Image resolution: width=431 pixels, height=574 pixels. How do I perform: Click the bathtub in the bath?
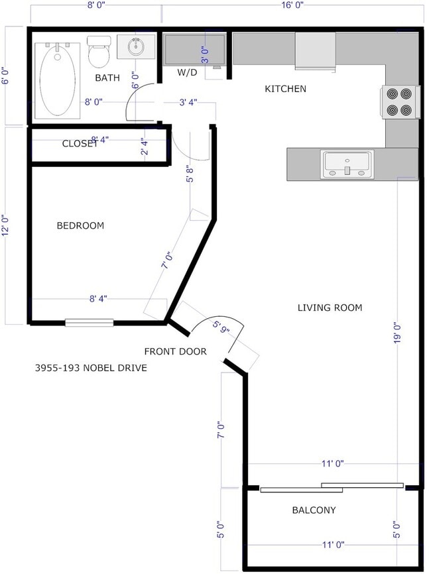coord(58,80)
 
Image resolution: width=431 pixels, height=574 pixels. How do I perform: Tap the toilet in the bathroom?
coord(99,52)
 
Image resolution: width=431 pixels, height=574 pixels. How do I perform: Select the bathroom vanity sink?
coord(137,46)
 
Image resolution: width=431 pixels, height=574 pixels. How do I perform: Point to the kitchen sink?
coord(347,164)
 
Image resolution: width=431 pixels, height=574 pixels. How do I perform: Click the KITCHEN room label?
coord(285,88)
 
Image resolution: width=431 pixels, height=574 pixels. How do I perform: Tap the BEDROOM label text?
coord(80,225)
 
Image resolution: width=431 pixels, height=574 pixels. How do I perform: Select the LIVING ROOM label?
coord(330,308)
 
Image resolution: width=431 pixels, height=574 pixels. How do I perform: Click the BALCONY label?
coord(314,510)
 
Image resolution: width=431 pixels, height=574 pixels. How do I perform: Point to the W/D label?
coord(187,72)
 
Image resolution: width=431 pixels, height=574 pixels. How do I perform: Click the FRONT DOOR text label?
coord(175,351)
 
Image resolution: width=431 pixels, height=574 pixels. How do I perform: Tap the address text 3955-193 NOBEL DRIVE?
coord(90,367)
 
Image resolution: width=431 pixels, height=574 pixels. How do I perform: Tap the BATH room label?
coord(107,78)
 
